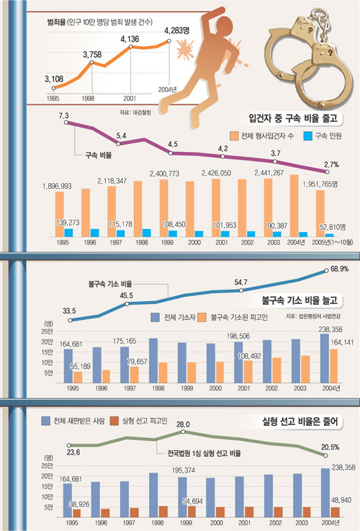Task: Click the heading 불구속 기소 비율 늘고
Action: (297, 299)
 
